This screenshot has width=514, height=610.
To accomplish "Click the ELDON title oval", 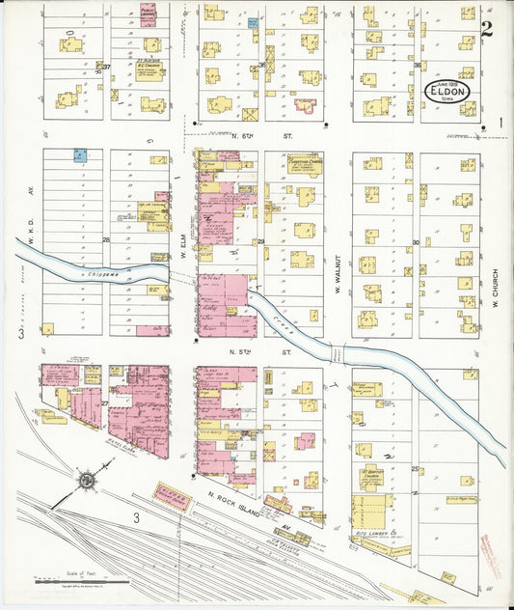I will click(451, 92).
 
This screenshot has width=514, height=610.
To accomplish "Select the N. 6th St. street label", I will click(269, 136).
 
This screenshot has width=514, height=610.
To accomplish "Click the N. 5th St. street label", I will click(269, 353).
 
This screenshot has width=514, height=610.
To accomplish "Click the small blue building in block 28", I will click(81, 153).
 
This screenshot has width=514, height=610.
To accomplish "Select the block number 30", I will click(416, 242).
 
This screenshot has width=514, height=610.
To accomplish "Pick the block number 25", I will click(416, 468).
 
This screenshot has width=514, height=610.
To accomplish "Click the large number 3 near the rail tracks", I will click(137, 518).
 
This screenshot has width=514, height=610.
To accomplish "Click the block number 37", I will click(108, 67).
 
